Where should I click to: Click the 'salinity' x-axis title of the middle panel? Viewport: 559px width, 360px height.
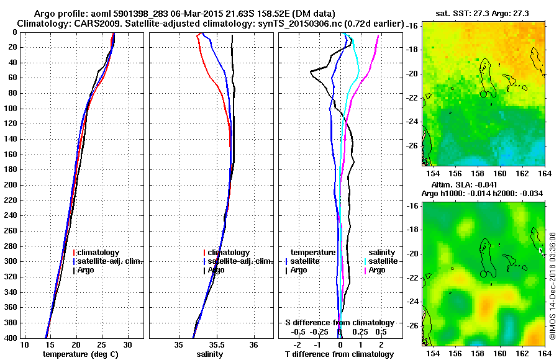coord(209,354)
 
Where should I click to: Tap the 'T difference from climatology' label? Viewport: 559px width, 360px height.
coord(340,354)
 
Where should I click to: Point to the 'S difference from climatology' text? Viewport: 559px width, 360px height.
coord(340,323)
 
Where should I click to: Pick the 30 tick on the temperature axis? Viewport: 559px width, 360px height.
coord(128,344)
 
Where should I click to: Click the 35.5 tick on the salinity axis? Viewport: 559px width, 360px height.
coord(217,344)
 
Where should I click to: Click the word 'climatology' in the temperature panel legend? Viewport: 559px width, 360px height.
coord(98,253)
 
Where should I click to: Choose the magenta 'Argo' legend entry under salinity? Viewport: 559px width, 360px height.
coord(377,270)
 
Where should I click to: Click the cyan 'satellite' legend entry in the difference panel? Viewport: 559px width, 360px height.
coord(381,261)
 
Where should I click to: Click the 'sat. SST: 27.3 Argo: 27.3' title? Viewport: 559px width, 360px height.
coord(486,13)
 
